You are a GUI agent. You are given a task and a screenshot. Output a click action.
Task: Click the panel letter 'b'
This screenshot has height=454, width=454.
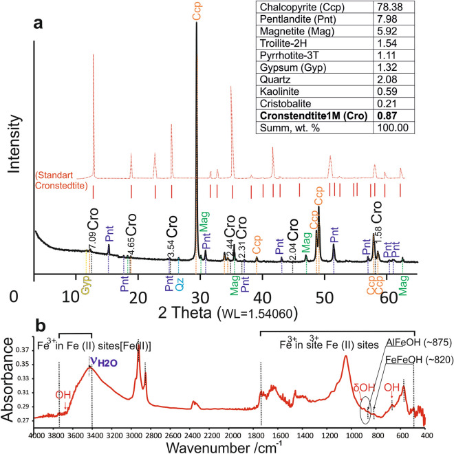click(41, 323)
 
